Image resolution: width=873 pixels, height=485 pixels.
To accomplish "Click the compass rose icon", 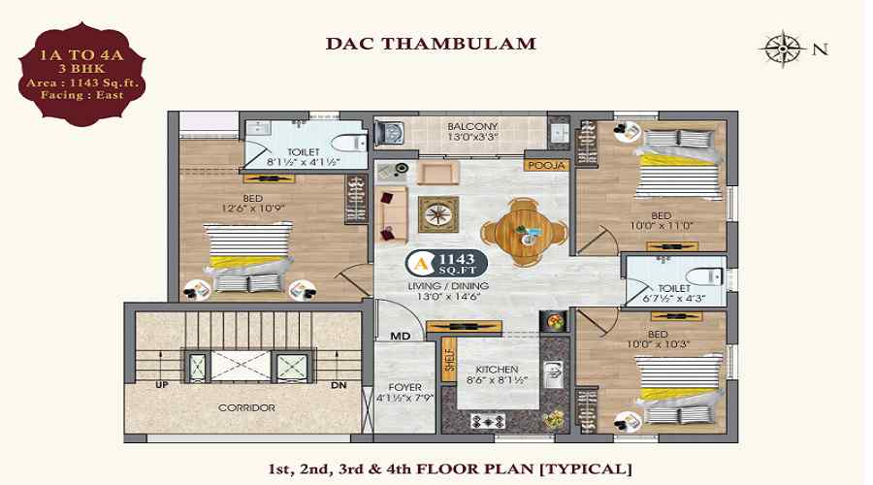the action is pyautogui.click(x=784, y=48).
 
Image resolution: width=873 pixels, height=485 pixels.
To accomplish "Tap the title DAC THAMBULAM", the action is pyautogui.click(x=431, y=44).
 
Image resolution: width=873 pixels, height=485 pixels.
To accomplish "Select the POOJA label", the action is pyautogui.click(x=546, y=165).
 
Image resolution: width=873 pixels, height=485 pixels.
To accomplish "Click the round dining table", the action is pyautogui.click(x=525, y=232).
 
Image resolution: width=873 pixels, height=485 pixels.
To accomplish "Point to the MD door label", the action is pyautogui.click(x=400, y=336).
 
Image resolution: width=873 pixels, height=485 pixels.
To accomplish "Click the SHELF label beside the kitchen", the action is pyautogui.click(x=450, y=360).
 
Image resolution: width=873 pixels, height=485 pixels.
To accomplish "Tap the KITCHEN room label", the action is pyautogui.click(x=497, y=370).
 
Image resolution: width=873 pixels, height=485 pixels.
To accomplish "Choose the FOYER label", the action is pyautogui.click(x=404, y=387).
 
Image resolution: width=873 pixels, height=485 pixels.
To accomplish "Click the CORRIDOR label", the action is pyautogui.click(x=246, y=407).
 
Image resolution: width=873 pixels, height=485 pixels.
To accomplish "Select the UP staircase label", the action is pyautogui.click(x=161, y=385).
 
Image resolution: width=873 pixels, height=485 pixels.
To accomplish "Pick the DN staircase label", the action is pyautogui.click(x=339, y=385).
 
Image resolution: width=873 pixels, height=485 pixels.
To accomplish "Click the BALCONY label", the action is pyautogui.click(x=472, y=126).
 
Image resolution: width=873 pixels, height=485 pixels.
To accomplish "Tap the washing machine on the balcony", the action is pyautogui.click(x=389, y=133).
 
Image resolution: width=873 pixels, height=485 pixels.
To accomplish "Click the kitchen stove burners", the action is pyautogui.click(x=488, y=422).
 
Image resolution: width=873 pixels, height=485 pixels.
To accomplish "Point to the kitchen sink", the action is pyautogui.click(x=554, y=374).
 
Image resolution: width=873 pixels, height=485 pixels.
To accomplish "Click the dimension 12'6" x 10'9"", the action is pyautogui.click(x=253, y=209).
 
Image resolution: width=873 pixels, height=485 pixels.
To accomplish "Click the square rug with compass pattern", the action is pyautogui.click(x=438, y=214).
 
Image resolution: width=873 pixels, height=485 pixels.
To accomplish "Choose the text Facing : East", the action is pyautogui.click(x=81, y=95).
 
